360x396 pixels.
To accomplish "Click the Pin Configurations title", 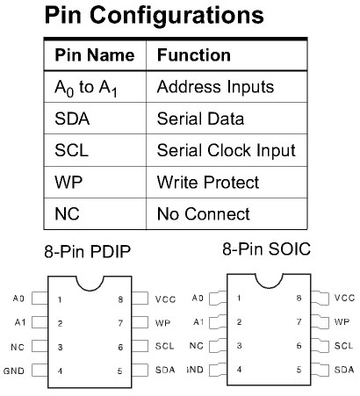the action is click(155, 16).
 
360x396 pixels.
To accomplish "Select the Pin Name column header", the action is click(95, 55).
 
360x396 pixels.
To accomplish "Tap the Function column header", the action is click(194, 55).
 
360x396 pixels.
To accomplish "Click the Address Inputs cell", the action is click(215, 87).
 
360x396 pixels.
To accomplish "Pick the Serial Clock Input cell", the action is click(227, 151).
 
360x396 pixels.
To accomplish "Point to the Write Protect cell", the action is click(208, 183).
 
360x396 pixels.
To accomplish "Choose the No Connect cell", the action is click(204, 214).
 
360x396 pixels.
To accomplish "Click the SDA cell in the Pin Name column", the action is click(72, 119).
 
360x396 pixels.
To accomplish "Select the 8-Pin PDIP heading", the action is click(87, 252).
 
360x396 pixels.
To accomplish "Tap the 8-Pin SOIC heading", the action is click(266, 249).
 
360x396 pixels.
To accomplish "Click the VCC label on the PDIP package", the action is click(165, 299).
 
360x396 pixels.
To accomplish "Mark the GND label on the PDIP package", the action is click(14, 371).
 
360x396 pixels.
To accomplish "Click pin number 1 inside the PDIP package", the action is click(60, 299).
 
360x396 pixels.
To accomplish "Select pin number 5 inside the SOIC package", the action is click(299, 370).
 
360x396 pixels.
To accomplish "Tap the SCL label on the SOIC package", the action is click(343, 346).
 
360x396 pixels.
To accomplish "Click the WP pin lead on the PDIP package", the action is click(140, 322).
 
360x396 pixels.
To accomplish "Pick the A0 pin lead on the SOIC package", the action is click(218, 299).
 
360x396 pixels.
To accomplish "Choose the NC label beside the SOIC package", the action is click(196, 346).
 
